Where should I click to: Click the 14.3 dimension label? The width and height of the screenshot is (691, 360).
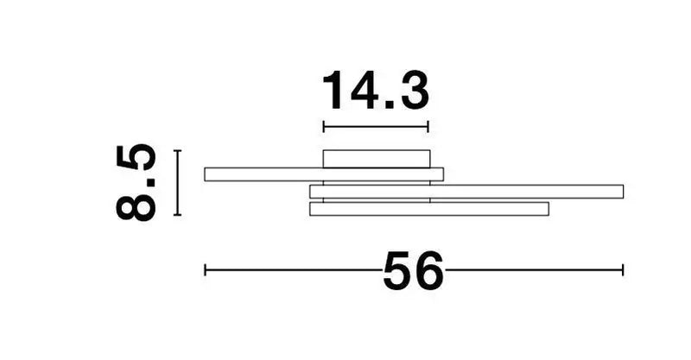point(376,91)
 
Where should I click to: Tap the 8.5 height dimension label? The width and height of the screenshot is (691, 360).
point(136,182)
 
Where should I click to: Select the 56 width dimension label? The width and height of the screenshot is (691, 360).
point(414,271)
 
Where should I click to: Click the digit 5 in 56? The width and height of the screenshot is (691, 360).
point(397,271)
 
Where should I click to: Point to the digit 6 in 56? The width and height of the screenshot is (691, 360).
point(428,271)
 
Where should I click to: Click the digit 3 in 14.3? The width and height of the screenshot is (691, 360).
point(415,91)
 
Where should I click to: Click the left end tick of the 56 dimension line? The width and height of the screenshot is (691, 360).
point(206,269)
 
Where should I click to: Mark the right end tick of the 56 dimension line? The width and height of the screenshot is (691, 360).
point(623,269)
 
